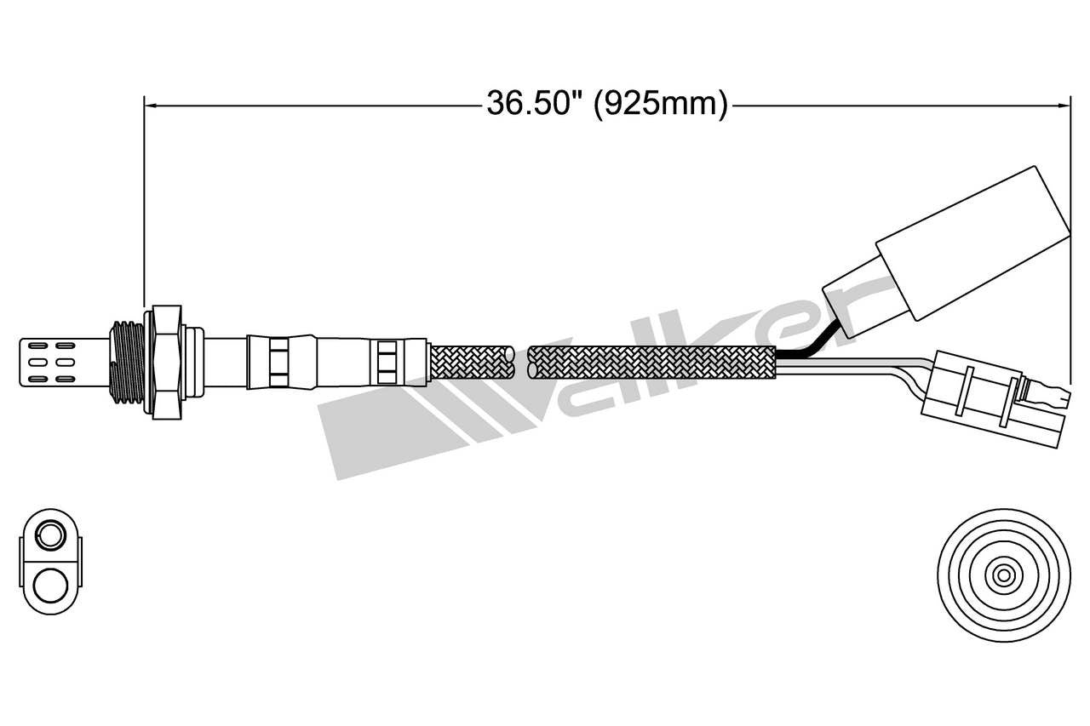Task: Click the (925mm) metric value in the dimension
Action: (660, 104)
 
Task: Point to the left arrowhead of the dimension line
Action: (151, 105)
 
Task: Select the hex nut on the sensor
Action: (165, 361)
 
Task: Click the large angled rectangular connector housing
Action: (971, 243)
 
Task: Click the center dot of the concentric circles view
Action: (1003, 576)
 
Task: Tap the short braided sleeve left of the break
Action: (473, 362)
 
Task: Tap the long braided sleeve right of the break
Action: (651, 362)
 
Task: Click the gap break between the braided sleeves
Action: (521, 362)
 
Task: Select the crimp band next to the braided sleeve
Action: (387, 361)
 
